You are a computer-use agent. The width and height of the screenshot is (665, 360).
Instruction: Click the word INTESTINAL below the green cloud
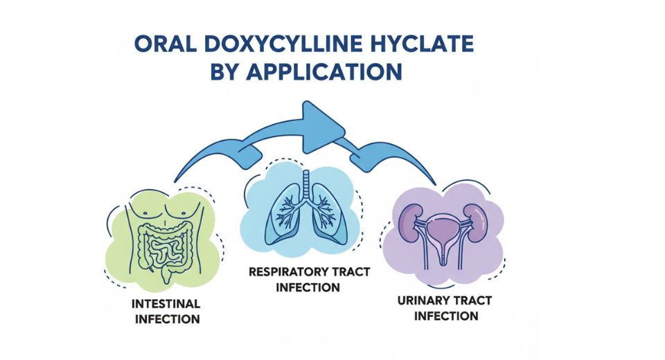point(167,304)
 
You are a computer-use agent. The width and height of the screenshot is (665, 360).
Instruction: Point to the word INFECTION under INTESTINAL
point(167,319)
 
